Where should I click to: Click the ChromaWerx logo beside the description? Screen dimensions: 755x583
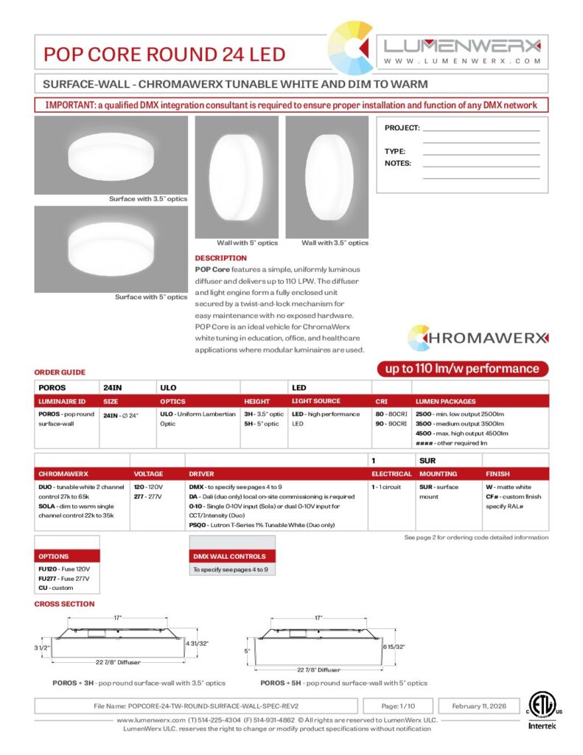pyautogui.click(x=478, y=338)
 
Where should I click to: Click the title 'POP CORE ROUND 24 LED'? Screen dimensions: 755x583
pyautogui.click(x=164, y=54)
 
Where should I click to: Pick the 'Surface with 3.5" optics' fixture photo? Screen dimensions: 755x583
pyautogui.click(x=111, y=156)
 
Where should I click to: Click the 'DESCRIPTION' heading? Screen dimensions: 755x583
pyautogui.click(x=220, y=258)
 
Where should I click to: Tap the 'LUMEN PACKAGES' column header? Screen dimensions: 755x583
pyautogui.click(x=445, y=401)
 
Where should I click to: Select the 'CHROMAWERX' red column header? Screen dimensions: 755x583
pyautogui.click(x=63, y=474)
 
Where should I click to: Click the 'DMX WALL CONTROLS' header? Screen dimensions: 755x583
pyautogui.click(x=229, y=556)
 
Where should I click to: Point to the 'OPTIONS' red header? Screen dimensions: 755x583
pyautogui.click(x=54, y=556)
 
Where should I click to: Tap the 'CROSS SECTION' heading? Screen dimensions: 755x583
pyautogui.click(x=64, y=604)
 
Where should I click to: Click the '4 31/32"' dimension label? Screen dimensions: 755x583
pyautogui.click(x=198, y=644)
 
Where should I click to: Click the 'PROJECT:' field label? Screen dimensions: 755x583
pyautogui.click(x=402, y=128)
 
